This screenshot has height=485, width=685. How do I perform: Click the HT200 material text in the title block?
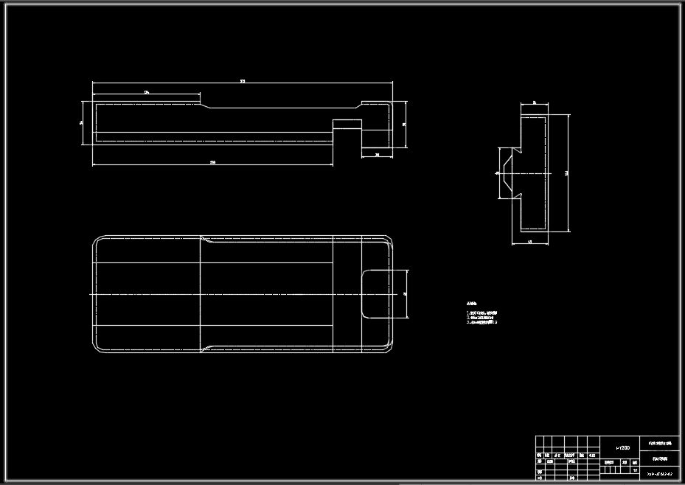coord(622,447)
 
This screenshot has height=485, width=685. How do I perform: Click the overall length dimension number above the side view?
coord(243,81)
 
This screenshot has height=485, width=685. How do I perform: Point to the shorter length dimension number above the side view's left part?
coord(147,92)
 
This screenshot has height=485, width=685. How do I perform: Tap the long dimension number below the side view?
coord(212,161)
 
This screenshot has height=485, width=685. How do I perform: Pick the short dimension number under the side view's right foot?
coord(377,155)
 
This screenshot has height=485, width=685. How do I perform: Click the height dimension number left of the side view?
coord(82,122)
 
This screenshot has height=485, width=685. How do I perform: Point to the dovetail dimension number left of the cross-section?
coord(497,173)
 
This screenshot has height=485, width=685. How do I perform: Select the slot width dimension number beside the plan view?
coord(406,293)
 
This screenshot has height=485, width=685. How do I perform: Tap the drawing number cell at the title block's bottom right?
coord(661,473)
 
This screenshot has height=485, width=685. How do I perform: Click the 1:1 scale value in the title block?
coord(635,470)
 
